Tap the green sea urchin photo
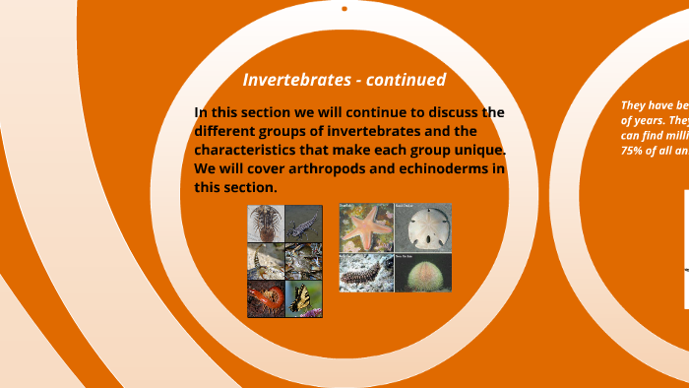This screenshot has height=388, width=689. pyautogui.click(x=423, y=272)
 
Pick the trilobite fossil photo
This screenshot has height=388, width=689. pyautogui.click(x=266, y=224)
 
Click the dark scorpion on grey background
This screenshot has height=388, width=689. pyautogui.click(x=304, y=224)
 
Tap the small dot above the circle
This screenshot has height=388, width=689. pyautogui.click(x=344, y=9)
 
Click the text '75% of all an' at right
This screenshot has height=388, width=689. pyautogui.click(x=654, y=151)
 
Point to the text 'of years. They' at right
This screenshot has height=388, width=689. pyautogui.click(x=654, y=119)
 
